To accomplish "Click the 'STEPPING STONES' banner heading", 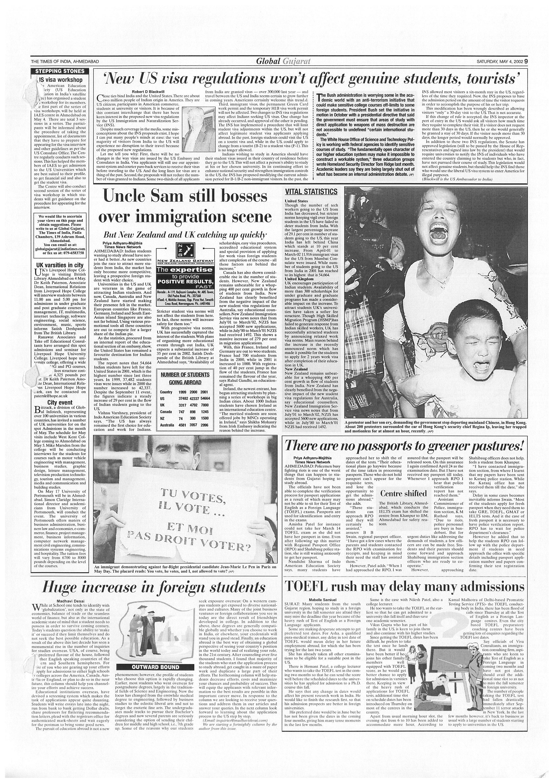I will click(x=60, y=71).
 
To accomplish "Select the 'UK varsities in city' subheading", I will click(x=60, y=265).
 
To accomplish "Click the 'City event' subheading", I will click(x=60, y=402).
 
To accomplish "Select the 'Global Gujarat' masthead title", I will click(x=283, y=61).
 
